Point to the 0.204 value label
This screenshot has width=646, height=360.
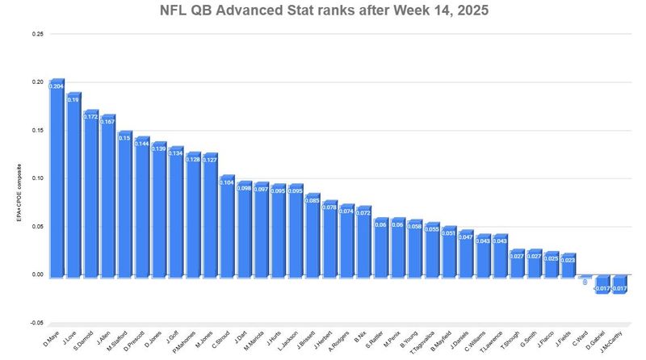pyautogui.click(x=57, y=86)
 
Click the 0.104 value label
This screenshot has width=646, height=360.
pyautogui.click(x=227, y=182)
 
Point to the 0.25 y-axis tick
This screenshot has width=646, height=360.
pyautogui.click(x=39, y=34)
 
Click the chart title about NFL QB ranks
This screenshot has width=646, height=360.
pyautogui.click(x=323, y=12)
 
